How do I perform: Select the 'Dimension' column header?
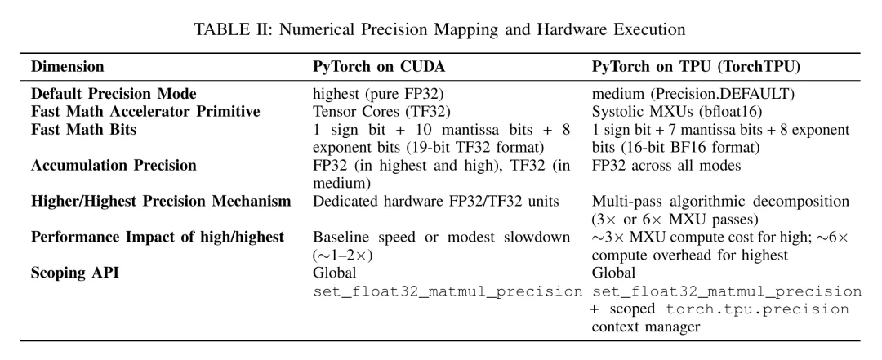click(x=68, y=66)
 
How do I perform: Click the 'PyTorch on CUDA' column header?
click(x=379, y=66)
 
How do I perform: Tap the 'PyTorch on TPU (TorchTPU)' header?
click(x=696, y=66)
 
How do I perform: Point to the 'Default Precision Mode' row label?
click(x=114, y=93)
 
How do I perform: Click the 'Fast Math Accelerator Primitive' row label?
click(x=145, y=111)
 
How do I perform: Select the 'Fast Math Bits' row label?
click(x=84, y=129)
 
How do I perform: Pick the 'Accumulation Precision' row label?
click(x=114, y=166)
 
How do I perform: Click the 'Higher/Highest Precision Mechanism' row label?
click(x=161, y=201)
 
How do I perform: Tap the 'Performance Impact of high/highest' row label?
click(x=158, y=237)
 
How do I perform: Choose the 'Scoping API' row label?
click(x=75, y=273)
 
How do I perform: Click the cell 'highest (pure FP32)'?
click(x=379, y=93)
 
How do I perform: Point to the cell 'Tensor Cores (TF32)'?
click(x=382, y=111)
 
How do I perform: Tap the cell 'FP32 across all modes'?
click(x=666, y=166)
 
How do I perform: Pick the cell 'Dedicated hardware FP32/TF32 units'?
click(x=436, y=201)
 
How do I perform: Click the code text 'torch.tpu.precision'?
click(x=758, y=309)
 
